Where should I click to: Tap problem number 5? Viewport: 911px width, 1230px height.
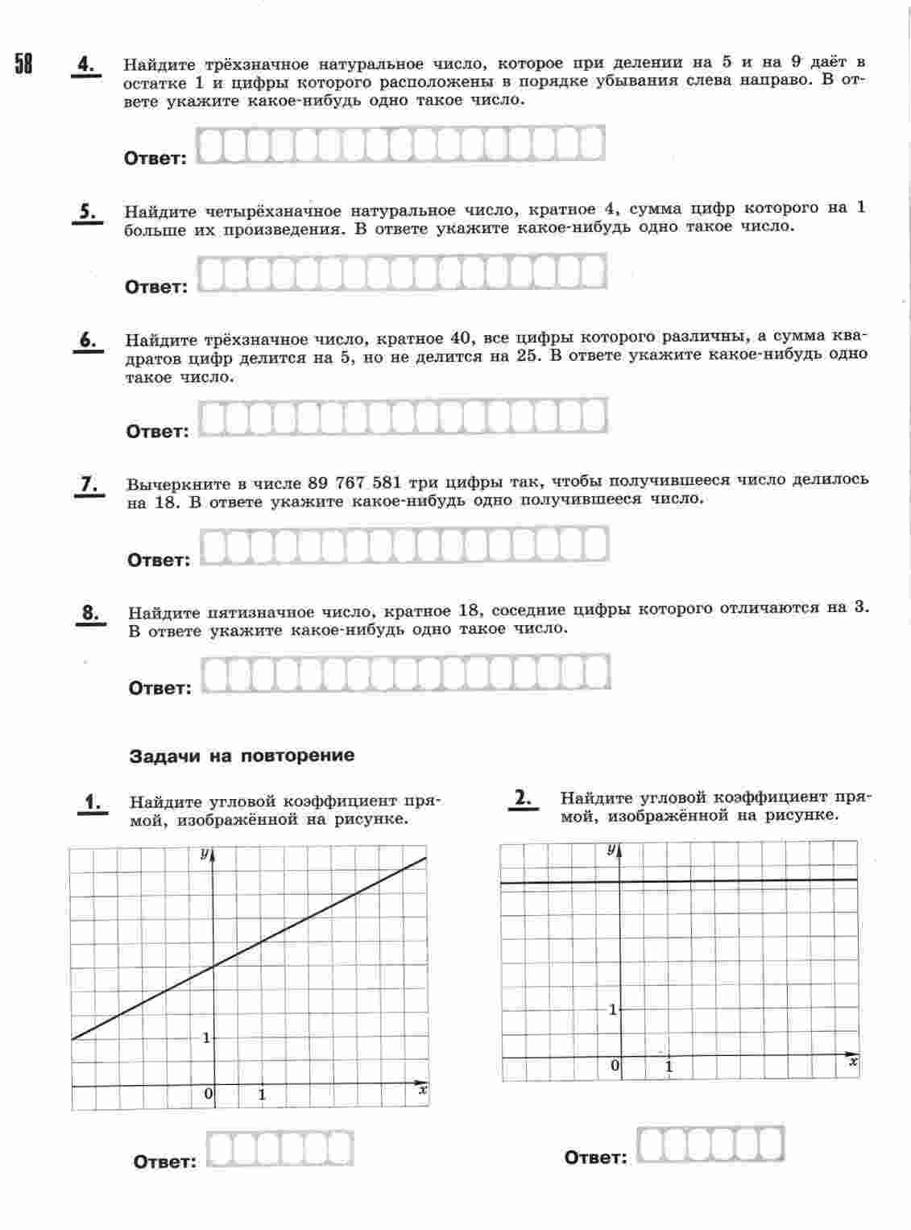pyautogui.click(x=87, y=212)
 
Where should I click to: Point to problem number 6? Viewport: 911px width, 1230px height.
pyautogui.click(x=88, y=340)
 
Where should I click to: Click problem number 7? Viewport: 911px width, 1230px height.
pyautogui.click(x=89, y=484)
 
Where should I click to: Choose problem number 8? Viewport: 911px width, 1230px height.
pyautogui.click(x=90, y=613)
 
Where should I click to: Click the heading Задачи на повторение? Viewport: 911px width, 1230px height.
pyautogui.click(x=242, y=756)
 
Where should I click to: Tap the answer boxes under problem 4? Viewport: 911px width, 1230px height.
pyautogui.click(x=400, y=145)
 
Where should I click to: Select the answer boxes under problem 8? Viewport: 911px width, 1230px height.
pyautogui.click(x=406, y=674)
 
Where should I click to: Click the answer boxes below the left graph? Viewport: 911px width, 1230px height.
pyautogui.click(x=280, y=1149)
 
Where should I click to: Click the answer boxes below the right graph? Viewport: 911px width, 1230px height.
pyautogui.click(x=710, y=1144)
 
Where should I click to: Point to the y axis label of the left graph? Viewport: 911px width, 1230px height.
pyautogui.click(x=205, y=853)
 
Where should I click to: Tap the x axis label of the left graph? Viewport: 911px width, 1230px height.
pyautogui.click(x=422, y=1091)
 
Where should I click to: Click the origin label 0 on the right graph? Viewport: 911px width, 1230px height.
pyautogui.click(x=615, y=1066)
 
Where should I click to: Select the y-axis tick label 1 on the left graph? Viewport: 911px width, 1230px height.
pyautogui.click(x=206, y=1037)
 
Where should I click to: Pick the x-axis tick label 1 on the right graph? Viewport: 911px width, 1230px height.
pyautogui.click(x=669, y=1066)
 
